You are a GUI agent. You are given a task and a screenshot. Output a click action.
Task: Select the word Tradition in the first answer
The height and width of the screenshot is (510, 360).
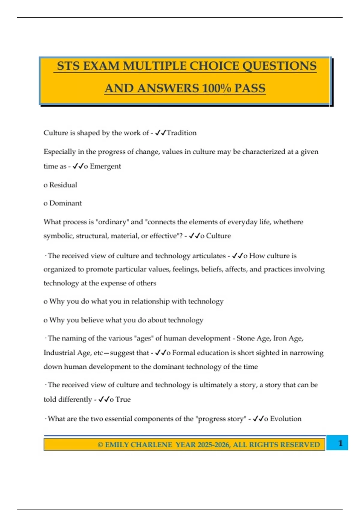pos(181,133)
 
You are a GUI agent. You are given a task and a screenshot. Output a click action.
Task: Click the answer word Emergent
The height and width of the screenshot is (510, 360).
pos(105,166)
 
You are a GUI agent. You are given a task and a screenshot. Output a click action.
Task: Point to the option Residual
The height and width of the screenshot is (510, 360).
pos(63,185)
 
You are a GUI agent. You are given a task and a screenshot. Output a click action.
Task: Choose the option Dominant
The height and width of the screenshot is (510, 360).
pos(65,203)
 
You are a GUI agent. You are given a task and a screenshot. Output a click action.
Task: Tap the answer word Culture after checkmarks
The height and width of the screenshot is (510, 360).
pos(218,236)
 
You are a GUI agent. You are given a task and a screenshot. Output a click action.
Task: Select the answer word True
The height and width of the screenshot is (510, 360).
pos(123,400)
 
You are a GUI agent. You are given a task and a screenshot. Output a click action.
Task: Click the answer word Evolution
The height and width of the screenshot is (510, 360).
pos(286,419)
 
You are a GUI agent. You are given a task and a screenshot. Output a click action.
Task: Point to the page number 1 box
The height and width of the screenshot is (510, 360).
pos(340,443)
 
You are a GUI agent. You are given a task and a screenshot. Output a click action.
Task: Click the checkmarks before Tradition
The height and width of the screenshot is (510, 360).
pos(160,133)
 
